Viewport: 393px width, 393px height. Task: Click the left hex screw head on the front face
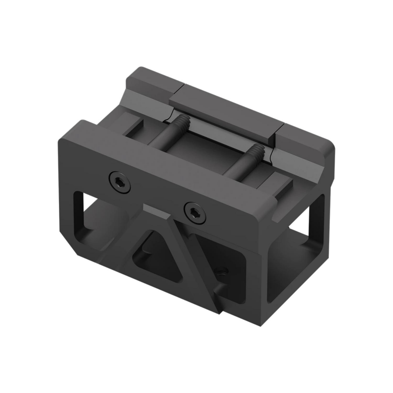[120, 181]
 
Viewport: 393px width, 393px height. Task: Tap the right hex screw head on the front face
[194, 212]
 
